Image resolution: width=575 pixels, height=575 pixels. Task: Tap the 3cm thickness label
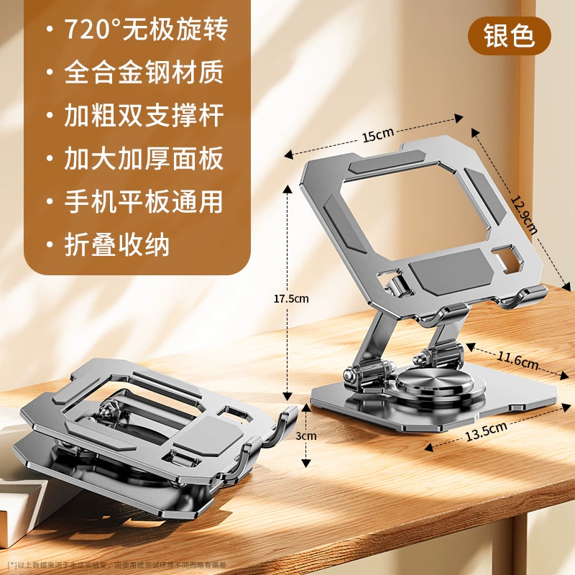pyautogui.click(x=308, y=436)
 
